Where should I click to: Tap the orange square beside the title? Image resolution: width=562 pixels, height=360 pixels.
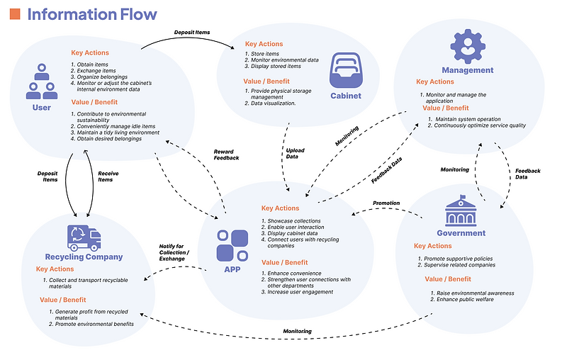(x=15, y=14)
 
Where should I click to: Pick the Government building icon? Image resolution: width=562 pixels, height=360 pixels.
(x=461, y=211)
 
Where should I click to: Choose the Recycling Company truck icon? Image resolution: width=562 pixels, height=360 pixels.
(x=84, y=237)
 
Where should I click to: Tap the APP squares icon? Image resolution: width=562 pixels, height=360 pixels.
(x=232, y=244)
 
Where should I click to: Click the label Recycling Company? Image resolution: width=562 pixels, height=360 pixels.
(x=84, y=257)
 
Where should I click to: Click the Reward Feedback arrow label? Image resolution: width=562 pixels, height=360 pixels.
(x=227, y=154)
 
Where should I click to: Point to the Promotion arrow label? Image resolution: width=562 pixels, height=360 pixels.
(x=386, y=203)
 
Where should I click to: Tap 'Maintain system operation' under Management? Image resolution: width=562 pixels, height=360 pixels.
(x=468, y=119)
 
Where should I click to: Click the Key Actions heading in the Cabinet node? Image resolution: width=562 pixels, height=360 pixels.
(x=264, y=44)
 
